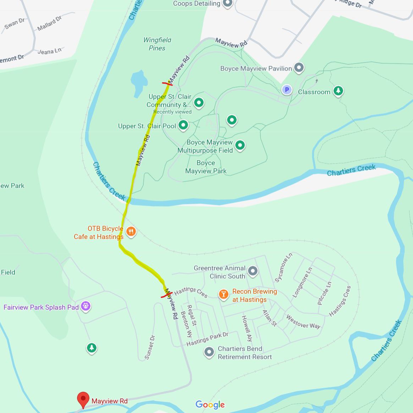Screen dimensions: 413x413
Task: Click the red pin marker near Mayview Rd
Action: [x=83, y=399]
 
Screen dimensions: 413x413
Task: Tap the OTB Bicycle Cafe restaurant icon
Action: [x=131, y=232]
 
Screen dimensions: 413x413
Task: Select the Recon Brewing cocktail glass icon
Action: [x=223, y=294]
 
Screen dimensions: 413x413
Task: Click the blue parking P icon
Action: [x=286, y=90]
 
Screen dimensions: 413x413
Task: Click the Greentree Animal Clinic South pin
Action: [x=252, y=271]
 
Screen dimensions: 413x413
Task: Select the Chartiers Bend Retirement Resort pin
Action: [x=209, y=352]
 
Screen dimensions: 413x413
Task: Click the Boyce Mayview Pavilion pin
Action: [x=299, y=67]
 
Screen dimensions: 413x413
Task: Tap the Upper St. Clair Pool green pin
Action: [x=183, y=125]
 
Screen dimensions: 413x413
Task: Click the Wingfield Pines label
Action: [x=157, y=44]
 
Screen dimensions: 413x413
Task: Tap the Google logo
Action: [x=210, y=404]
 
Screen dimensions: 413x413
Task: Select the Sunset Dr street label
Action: [x=150, y=347]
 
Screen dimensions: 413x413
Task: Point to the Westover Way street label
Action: [x=303, y=322]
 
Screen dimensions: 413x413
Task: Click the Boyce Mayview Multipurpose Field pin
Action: [x=240, y=145]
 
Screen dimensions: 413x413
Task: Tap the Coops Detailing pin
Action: [x=227, y=4]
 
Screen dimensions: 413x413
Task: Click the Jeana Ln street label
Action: [x=49, y=51]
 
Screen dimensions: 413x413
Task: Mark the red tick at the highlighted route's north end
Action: [x=167, y=84]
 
